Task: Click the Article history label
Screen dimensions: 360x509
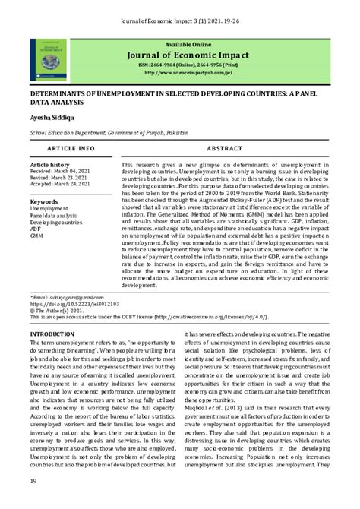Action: click(x=49, y=164)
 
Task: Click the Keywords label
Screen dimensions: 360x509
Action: click(x=45, y=201)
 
